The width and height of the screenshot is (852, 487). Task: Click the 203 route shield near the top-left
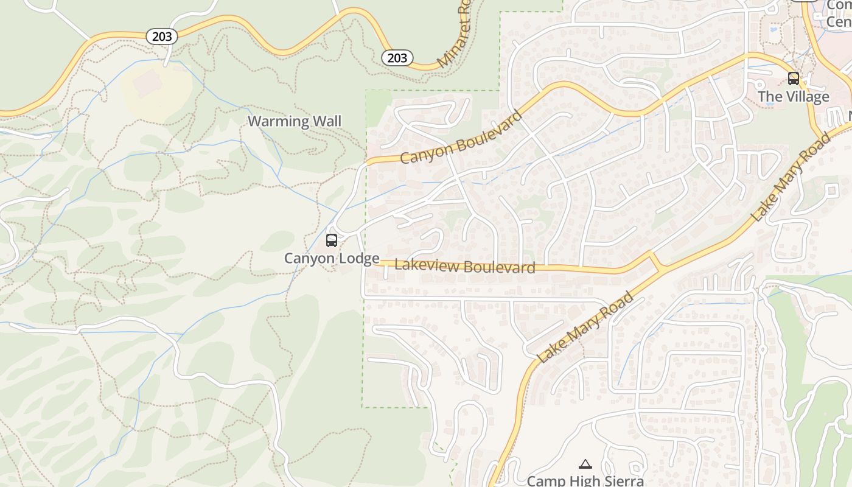pos(162,37)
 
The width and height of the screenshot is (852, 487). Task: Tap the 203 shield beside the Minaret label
pos(397,58)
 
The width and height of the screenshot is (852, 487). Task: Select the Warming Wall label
pos(294,121)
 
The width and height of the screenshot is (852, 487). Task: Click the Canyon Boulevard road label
pos(461,138)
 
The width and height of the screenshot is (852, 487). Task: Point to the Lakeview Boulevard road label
pos(465,266)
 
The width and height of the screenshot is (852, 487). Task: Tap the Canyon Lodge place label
pos(332,258)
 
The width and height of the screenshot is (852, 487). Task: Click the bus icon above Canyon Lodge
pos(332,240)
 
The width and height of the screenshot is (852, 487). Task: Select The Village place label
pos(793,96)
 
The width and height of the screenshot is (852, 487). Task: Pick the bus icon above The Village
pos(794,78)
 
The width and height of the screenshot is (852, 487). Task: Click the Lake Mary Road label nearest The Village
pos(791,177)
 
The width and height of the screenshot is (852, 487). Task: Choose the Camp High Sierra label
pos(585,480)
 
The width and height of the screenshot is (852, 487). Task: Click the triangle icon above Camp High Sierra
pos(585,464)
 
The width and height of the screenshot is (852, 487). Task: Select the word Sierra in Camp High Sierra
pos(623,480)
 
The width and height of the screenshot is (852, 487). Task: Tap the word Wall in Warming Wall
pos(327,121)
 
